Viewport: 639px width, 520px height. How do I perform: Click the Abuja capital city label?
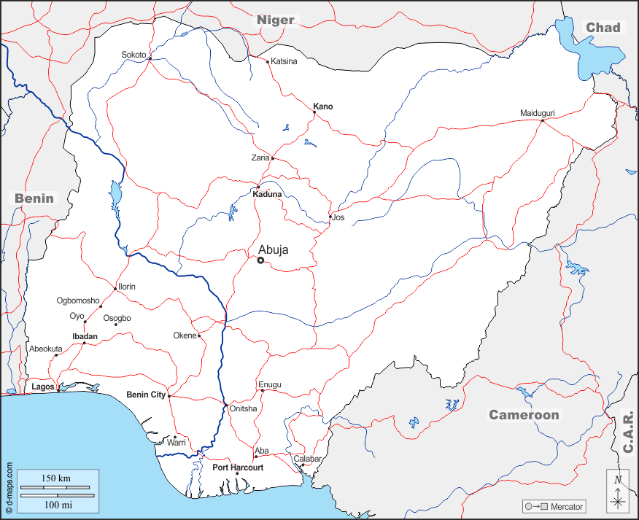pyautogui.click(x=274, y=249)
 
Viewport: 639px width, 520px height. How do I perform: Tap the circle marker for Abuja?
pyautogui.click(x=260, y=260)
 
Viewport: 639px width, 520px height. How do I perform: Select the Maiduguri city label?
pyautogui.click(x=538, y=113)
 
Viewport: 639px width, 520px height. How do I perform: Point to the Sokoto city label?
pyautogui.click(x=133, y=55)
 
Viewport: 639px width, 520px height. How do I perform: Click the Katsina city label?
pyautogui.click(x=284, y=61)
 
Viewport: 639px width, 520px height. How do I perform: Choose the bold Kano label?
pyautogui.click(x=323, y=106)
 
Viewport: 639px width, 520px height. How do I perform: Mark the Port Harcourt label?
pyautogui.click(x=238, y=467)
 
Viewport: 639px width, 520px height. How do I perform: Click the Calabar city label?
pyautogui.click(x=308, y=459)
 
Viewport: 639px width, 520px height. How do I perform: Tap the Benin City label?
pyautogui.click(x=146, y=395)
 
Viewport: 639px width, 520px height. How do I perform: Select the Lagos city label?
pyautogui.click(x=43, y=387)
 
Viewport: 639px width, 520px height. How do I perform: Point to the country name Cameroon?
pyautogui.click(x=524, y=415)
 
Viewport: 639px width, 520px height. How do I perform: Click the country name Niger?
pyautogui.click(x=275, y=20)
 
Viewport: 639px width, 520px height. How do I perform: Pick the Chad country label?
pyautogui.click(x=603, y=28)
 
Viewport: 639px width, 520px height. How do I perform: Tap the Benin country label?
pyautogui.click(x=34, y=198)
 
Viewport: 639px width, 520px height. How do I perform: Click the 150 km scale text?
pyautogui.click(x=55, y=478)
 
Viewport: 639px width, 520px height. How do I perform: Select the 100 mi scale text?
pyautogui.click(x=55, y=504)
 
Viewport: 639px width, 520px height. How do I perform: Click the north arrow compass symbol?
pyautogui.click(x=618, y=491)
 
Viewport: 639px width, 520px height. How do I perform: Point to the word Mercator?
pyautogui.click(x=567, y=506)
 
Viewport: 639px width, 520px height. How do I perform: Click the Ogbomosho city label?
pyautogui.click(x=78, y=300)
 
